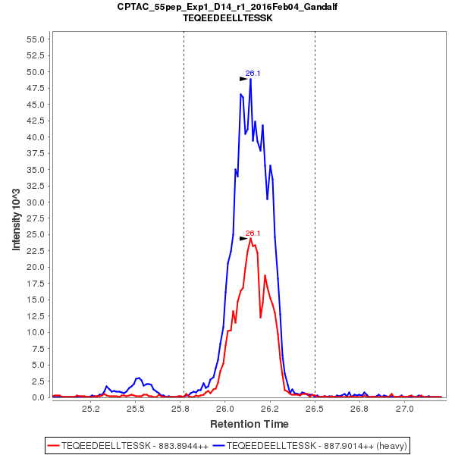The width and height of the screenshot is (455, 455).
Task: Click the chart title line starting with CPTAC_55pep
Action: click(x=227, y=7)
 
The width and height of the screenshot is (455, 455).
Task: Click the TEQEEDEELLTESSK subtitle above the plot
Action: click(x=227, y=17)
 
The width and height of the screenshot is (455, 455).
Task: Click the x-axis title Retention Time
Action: click(x=249, y=423)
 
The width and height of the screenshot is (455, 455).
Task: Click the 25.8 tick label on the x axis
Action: click(x=180, y=409)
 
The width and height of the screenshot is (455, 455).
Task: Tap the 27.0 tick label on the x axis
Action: click(x=404, y=409)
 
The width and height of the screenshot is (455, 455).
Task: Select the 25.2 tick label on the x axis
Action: click(x=91, y=409)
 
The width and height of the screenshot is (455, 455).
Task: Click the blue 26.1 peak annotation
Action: click(x=253, y=74)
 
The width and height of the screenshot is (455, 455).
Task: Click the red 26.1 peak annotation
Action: click(x=253, y=234)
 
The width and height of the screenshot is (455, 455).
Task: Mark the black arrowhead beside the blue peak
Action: click(x=243, y=77)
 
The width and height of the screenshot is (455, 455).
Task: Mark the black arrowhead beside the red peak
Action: click(x=243, y=238)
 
